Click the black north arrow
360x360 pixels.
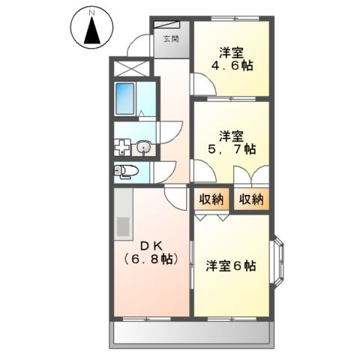tap(92, 31)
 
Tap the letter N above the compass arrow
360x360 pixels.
tap(92, 12)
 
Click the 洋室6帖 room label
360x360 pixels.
tap(231, 266)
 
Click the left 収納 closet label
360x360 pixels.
tap(211, 199)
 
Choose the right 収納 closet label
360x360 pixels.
tap(251, 199)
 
